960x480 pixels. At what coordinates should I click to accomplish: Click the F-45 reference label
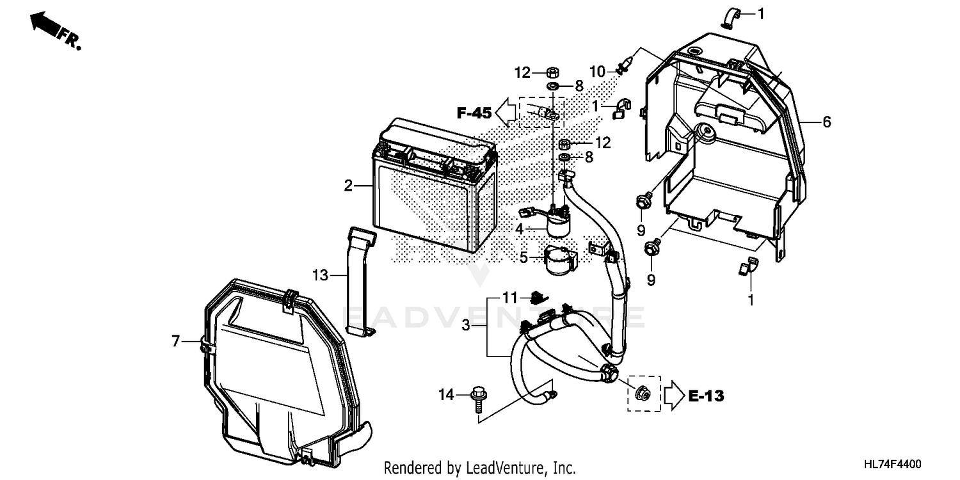point(474,114)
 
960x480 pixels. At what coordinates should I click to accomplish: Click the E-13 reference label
point(707,397)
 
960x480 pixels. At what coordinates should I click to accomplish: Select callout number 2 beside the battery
point(348,186)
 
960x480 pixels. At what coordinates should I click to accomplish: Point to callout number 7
point(176,342)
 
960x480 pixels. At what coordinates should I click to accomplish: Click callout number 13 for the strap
point(320,276)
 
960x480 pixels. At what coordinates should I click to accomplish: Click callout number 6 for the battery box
point(827,122)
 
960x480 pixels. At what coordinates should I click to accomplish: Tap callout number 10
point(596,72)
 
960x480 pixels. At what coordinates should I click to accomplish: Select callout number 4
point(520,228)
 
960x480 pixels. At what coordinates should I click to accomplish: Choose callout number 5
point(524,258)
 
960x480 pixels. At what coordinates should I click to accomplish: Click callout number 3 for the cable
point(466,326)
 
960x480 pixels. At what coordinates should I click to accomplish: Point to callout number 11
point(509,298)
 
